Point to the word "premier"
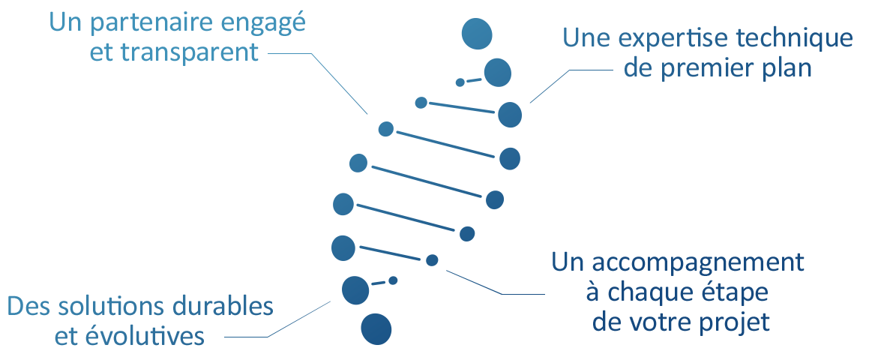click(714, 68)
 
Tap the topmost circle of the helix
click(477, 34)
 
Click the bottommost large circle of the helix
click(376, 329)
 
